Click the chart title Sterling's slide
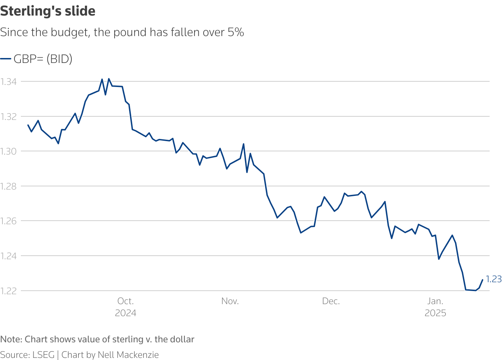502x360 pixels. pos(48,11)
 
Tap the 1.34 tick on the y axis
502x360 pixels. pos(8,82)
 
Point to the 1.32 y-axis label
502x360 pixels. pos(8,116)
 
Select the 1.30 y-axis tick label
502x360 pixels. pos(8,151)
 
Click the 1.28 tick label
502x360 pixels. pos(8,186)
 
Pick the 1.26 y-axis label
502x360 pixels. pos(8,221)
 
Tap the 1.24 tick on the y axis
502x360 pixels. pos(8,256)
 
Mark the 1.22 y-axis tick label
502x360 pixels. pos(8,291)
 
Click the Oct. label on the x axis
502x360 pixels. pos(125,301)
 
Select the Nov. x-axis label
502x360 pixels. pos(230,301)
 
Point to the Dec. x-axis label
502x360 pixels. pos(331,301)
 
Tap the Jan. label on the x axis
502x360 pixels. pos(435,301)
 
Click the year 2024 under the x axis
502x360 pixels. pos(125,313)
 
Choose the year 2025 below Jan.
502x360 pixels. pos(435,313)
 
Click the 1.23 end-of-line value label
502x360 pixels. pos(494,279)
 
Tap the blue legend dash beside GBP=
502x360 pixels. pos(6,59)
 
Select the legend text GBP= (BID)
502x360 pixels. pos(43,59)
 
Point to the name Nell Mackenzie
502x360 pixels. pos(128,355)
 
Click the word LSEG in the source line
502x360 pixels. pos(43,355)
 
